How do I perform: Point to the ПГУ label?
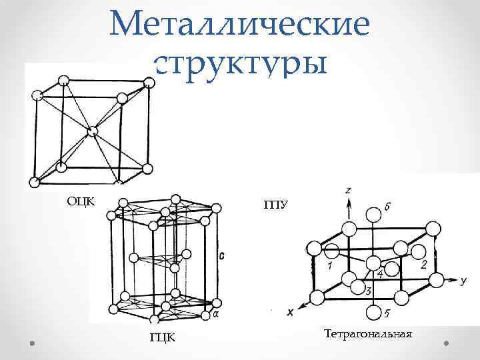pos(276,204)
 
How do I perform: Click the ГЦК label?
pos(163,338)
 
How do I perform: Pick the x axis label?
pos(290,312)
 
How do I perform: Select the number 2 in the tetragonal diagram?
pos(424,265)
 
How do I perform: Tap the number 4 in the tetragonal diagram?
pos(379,273)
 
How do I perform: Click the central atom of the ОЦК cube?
pos(91,131)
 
